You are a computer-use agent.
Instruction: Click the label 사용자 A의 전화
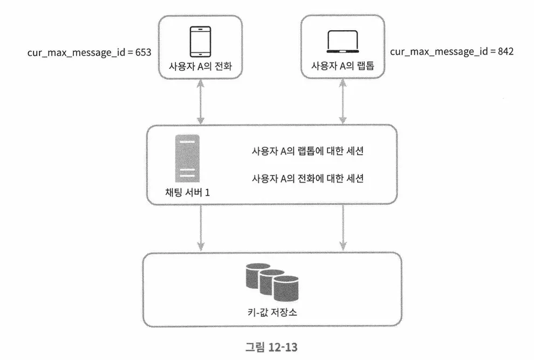coord(200,66)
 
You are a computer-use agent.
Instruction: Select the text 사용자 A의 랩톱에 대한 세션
coord(307,151)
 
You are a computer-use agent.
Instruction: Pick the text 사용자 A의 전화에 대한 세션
coord(307,178)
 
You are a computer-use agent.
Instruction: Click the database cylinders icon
coord(272,284)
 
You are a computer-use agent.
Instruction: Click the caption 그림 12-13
coord(267,345)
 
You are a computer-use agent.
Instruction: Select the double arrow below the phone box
coord(200,103)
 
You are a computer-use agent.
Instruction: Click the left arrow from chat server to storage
coord(200,228)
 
